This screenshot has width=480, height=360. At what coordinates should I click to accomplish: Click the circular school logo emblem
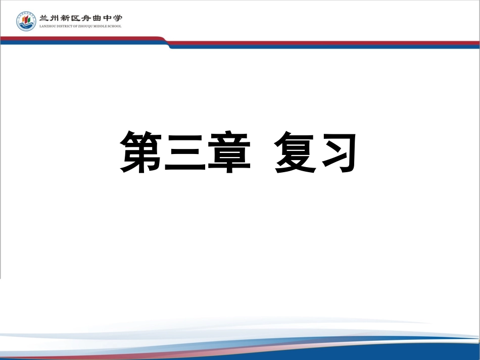[26, 21]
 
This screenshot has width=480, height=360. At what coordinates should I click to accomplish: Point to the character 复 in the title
[295, 152]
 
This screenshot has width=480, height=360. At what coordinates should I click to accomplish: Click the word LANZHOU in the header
[47, 26]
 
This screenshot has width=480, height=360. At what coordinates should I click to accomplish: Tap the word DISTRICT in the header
[65, 26]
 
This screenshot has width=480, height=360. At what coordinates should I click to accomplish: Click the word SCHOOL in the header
[116, 26]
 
